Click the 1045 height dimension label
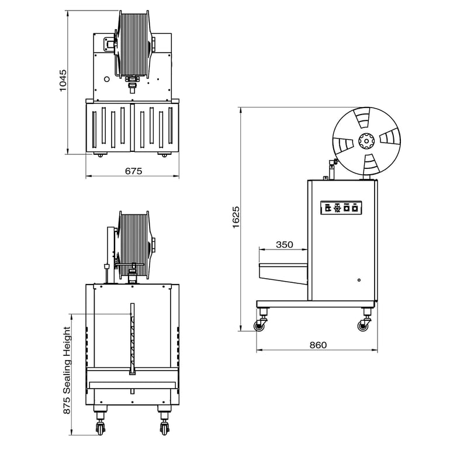(x=64, y=81)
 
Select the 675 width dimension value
(x=134, y=171)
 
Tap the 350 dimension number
(x=284, y=245)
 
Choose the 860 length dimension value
(x=318, y=345)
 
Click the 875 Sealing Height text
(x=67, y=371)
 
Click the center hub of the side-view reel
(x=366, y=140)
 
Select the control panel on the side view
(x=342, y=207)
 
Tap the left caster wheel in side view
(x=259, y=325)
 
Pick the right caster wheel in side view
(x=364, y=326)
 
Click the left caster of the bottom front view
(x=100, y=427)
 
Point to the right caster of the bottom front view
(x=164, y=427)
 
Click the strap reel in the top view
(x=136, y=46)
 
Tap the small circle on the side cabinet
(x=359, y=280)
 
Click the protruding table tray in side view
(x=282, y=272)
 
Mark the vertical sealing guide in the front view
(x=132, y=339)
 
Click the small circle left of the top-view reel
(x=107, y=79)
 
